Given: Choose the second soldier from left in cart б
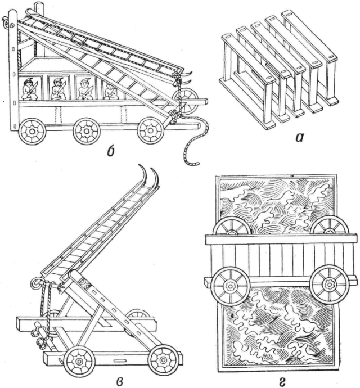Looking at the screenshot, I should (57, 88).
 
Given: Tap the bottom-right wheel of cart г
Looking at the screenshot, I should (328, 284).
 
